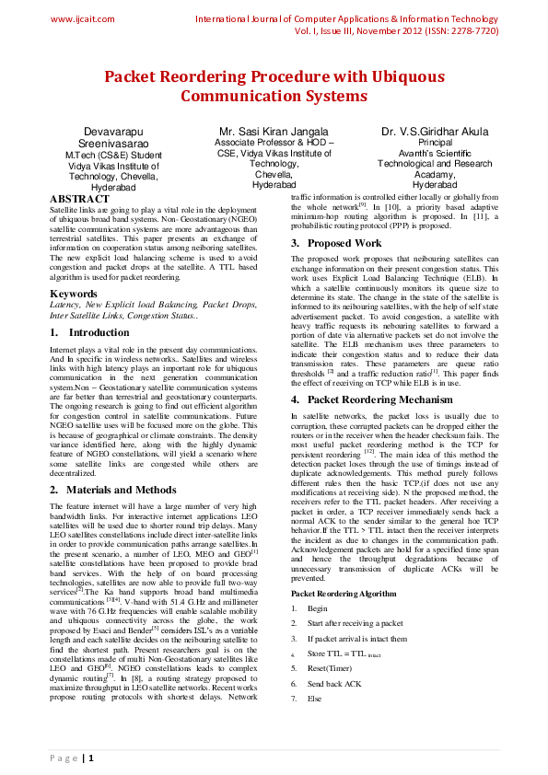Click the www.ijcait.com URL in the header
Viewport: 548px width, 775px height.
tap(82, 18)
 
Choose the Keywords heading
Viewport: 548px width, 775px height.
tap(73, 295)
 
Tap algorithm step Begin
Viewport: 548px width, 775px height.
tap(318, 609)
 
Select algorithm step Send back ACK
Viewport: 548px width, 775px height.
tap(335, 684)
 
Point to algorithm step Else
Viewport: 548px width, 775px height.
tap(315, 699)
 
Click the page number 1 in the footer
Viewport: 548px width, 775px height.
tap(89, 758)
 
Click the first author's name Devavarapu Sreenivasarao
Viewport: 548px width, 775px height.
tap(114, 139)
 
